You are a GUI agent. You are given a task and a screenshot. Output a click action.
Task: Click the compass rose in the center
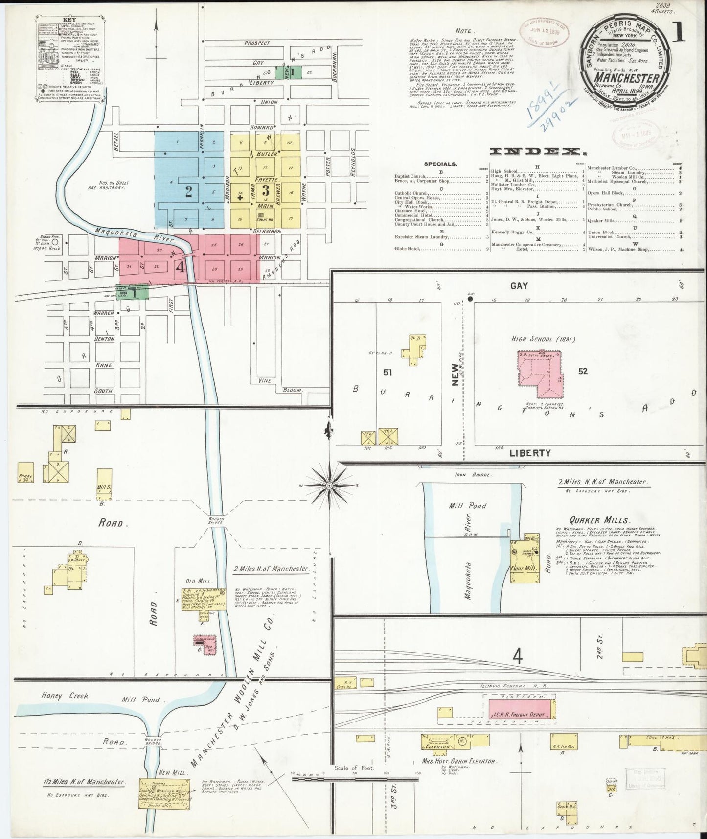(x=329, y=485)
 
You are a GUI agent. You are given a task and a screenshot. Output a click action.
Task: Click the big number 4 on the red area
(x=181, y=267)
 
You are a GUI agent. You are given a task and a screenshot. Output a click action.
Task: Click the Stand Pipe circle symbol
(x=56, y=242)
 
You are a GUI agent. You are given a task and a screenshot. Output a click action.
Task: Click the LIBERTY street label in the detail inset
(x=530, y=453)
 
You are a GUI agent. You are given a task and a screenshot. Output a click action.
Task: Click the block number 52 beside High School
(x=582, y=372)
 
